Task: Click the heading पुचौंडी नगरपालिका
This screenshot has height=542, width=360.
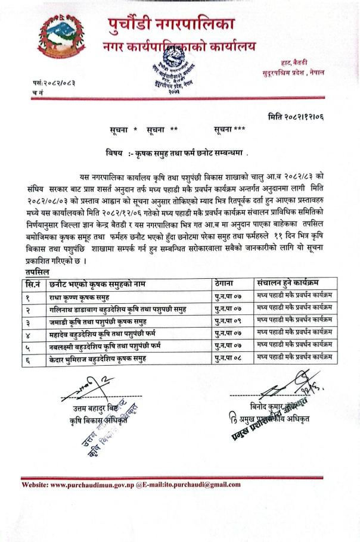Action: (172, 24)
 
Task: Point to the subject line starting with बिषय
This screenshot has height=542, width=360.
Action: (176, 154)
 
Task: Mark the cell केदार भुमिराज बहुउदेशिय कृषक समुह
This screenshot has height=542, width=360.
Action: (98, 359)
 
